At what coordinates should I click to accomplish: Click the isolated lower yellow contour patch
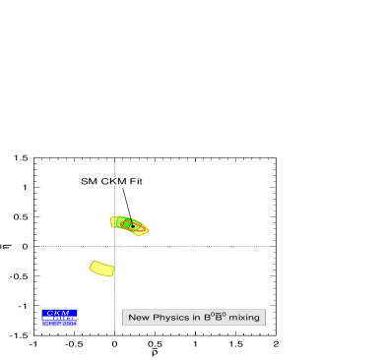[101, 268]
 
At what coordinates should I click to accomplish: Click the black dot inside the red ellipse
[126, 223]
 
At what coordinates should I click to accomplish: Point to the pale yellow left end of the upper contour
[113, 221]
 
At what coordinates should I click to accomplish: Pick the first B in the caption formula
[208, 318]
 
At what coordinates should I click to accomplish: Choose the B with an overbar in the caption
[220, 318]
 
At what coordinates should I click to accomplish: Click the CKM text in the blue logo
[58, 313]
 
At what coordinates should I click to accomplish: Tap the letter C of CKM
[50, 313]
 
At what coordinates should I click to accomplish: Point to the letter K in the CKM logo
[58, 313]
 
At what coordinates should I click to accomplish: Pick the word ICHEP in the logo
[52, 324]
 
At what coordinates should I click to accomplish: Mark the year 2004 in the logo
[69, 324]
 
